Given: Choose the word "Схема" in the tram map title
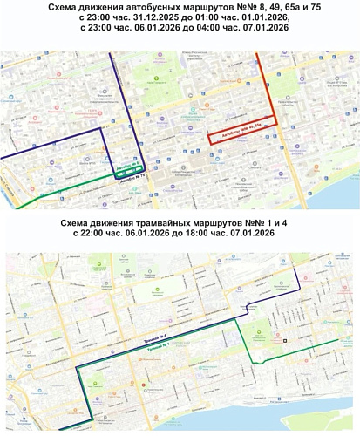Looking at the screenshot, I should (82, 221).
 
